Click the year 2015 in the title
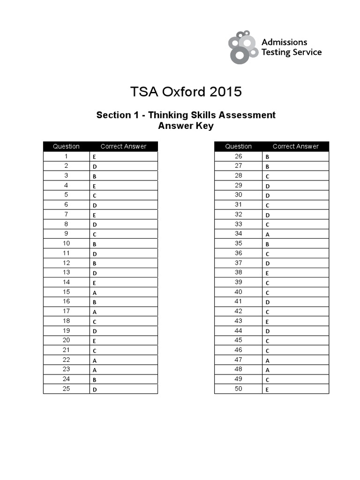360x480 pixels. pos(225,91)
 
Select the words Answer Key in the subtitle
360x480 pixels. pos(186,126)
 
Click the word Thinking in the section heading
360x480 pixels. pos(166,115)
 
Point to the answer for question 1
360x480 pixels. pos(94,157)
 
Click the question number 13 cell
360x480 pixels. pos(66,272)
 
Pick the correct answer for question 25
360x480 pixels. pos(94,389)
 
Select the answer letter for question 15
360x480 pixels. pos(94,292)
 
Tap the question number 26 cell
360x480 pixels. pos(238,156)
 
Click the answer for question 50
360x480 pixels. pos(267,389)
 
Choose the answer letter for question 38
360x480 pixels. pos(267,273)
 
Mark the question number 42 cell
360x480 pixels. pos(238,311)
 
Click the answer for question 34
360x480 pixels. pos(267,234)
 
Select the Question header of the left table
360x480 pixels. pos(66,146)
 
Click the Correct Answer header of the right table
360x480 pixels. pos(295,146)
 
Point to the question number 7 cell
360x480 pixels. pos(66,214)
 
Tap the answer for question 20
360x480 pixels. pos(94,341)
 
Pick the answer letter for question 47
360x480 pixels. pos(267,360)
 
